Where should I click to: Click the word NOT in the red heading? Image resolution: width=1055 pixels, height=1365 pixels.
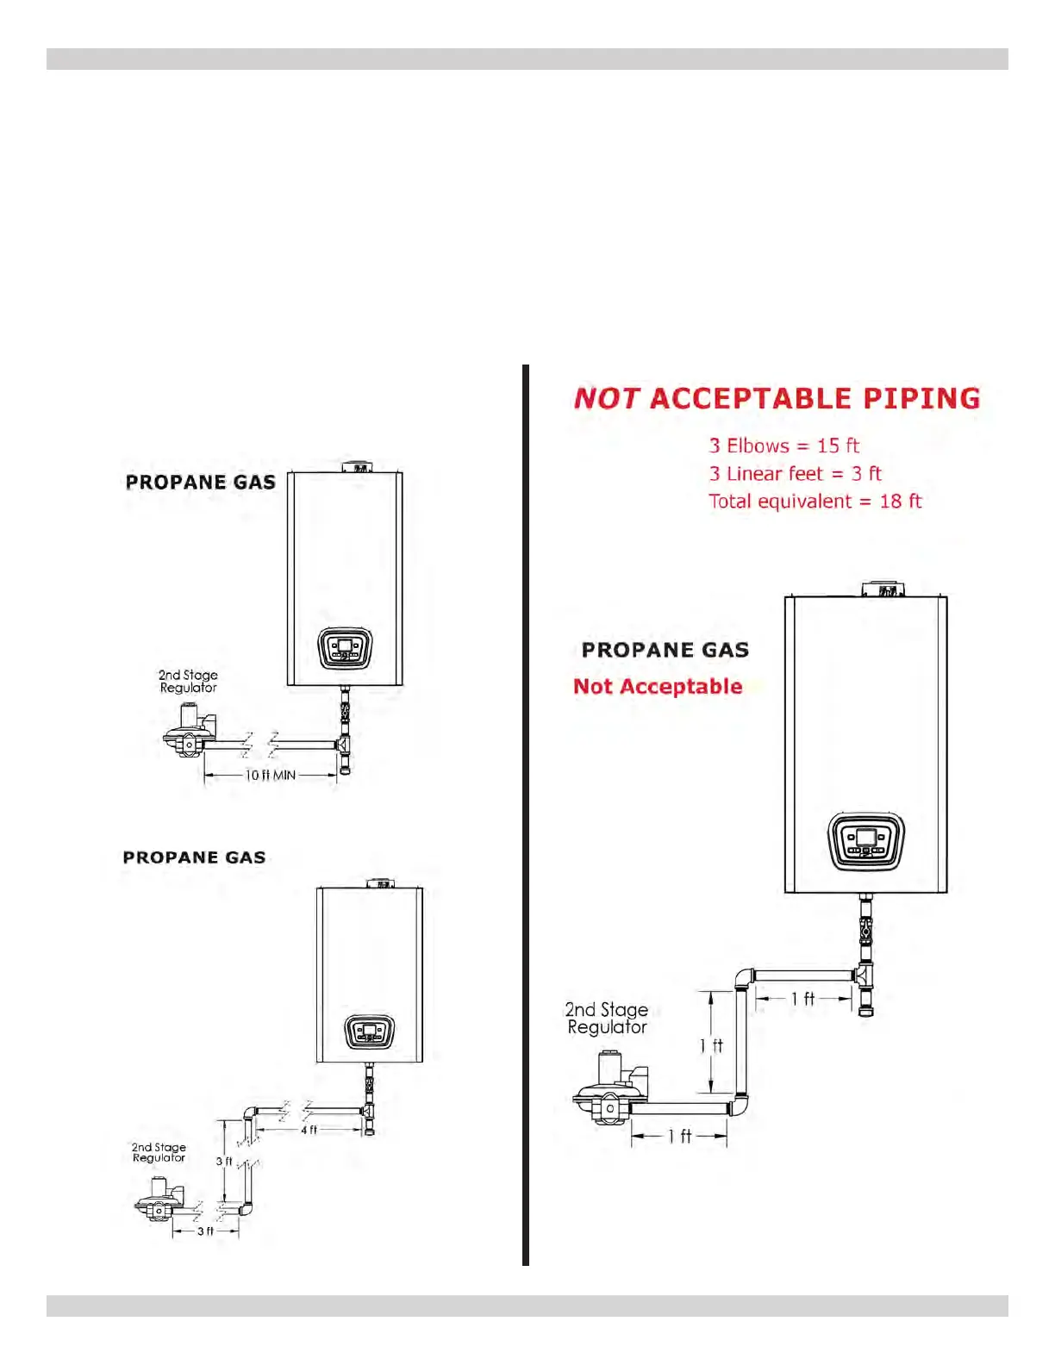606,398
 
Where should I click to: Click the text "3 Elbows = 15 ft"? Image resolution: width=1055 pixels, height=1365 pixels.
783,446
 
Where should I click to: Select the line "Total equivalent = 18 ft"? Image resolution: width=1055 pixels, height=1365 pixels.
815,502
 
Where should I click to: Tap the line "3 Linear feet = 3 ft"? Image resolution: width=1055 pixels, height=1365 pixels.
795,474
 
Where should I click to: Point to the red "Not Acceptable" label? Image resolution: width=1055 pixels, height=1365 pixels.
658,687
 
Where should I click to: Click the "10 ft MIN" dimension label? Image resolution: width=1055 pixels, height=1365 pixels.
270,776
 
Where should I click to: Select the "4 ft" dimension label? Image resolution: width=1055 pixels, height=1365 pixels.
309,1130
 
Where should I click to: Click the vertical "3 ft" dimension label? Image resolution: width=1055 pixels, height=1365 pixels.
223,1162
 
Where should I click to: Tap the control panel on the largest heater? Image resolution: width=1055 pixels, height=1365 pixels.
865,841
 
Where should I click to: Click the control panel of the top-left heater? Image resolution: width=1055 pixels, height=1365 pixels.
345,648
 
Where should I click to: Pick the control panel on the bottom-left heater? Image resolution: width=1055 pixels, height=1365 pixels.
370,1032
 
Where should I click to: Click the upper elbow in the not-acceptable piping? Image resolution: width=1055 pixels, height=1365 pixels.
743,978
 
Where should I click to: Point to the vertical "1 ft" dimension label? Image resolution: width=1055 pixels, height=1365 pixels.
711,1045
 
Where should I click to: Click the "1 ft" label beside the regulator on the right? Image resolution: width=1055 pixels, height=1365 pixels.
679,1137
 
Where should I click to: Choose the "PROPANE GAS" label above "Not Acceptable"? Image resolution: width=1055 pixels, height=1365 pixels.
665,650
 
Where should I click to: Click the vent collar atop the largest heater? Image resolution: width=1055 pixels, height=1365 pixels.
883,589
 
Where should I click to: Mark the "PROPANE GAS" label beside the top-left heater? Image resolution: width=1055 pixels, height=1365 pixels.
200,483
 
